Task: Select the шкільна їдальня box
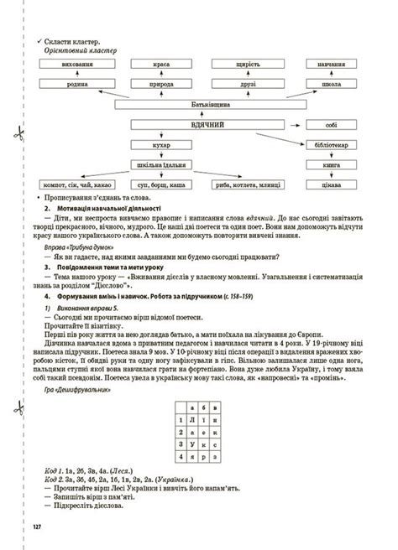pyautogui.click(x=162, y=164)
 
